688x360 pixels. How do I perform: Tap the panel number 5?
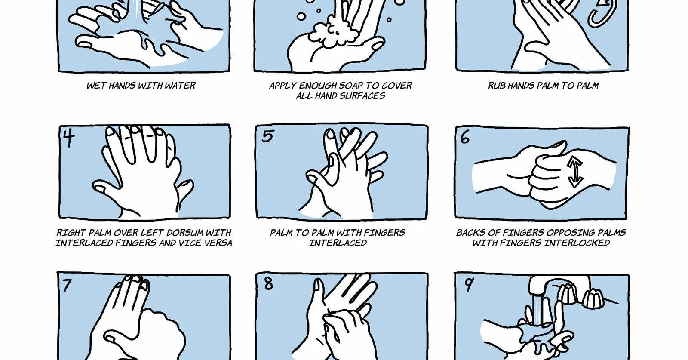click(x=268, y=136)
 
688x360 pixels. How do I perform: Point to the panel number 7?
click(x=67, y=285)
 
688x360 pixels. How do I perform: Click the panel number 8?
click(x=268, y=283)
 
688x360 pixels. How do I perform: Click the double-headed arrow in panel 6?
click(x=574, y=172)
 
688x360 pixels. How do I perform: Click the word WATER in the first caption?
click(x=180, y=86)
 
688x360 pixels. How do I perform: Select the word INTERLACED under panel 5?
click(x=338, y=243)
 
